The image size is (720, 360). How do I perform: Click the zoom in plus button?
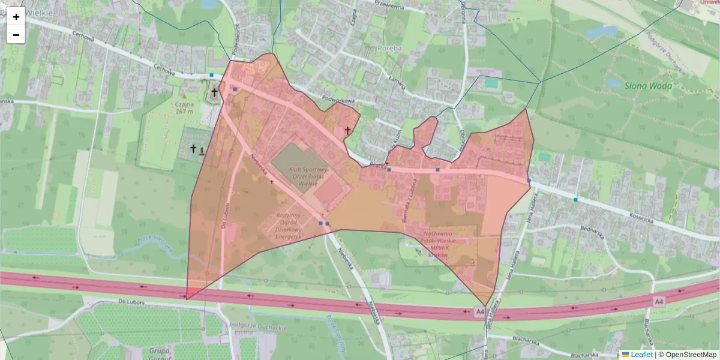pyautogui.click(x=16, y=17)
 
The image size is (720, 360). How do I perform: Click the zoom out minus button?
pyautogui.click(x=16, y=35)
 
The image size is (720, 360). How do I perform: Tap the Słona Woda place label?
pyautogui.click(x=648, y=86)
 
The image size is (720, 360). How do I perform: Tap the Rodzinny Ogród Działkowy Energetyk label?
pyautogui.click(x=289, y=226)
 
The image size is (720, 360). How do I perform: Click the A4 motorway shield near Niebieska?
pyautogui.click(x=479, y=312)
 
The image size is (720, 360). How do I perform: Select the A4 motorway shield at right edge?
pyautogui.click(x=659, y=300)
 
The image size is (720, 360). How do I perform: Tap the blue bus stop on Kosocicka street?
pyautogui.click(x=575, y=199)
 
